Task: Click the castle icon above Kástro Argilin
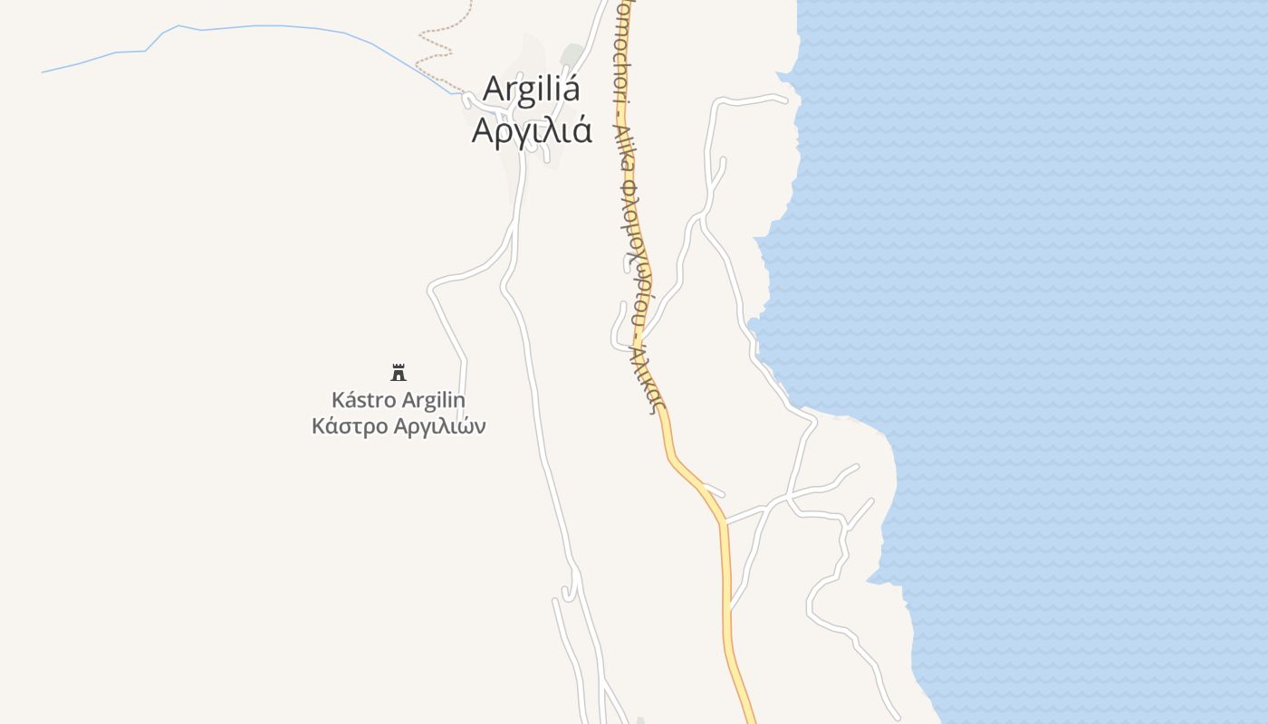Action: pyautogui.click(x=399, y=372)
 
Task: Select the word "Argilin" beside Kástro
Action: pyautogui.click(x=433, y=400)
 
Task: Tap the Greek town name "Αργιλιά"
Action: pyautogui.click(x=532, y=131)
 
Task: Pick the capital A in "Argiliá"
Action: pyautogui.click(x=495, y=90)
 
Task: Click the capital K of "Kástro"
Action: pyautogui.click(x=338, y=400)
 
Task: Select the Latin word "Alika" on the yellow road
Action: pyautogui.click(x=624, y=145)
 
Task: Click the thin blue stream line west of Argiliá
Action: pyautogui.click(x=272, y=26)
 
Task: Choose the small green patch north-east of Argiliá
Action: pyautogui.click(x=571, y=54)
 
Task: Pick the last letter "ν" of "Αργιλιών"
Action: pyautogui.click(x=480, y=427)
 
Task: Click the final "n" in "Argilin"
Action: pyautogui.click(x=459, y=400)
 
